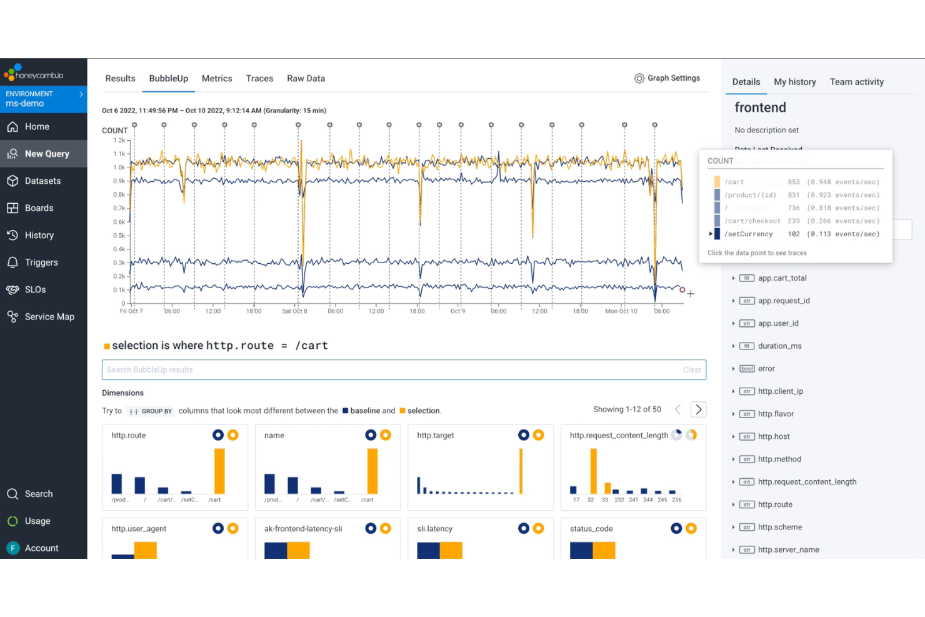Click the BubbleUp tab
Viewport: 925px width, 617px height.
(x=168, y=79)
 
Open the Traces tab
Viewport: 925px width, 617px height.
(x=259, y=79)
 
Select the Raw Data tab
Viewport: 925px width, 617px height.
(x=306, y=79)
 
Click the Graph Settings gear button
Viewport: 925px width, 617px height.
(x=667, y=78)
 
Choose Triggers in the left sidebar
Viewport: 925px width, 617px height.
(x=41, y=263)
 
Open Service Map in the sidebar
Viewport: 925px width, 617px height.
(x=49, y=317)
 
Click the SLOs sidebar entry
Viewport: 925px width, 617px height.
(x=35, y=289)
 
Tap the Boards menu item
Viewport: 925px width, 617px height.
(x=39, y=208)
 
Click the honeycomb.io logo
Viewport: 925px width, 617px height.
(x=34, y=73)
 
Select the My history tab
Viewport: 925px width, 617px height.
(x=794, y=82)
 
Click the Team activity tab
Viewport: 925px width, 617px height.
(x=856, y=82)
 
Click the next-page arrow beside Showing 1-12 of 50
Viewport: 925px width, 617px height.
(x=698, y=409)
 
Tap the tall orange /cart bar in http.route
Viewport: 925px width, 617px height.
(x=219, y=471)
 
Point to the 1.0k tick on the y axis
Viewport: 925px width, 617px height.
(x=119, y=168)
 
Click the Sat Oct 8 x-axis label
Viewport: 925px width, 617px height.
(x=294, y=311)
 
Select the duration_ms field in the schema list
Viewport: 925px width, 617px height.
(x=779, y=346)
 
